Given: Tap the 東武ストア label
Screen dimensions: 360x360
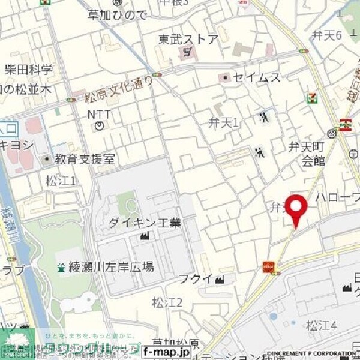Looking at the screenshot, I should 188,40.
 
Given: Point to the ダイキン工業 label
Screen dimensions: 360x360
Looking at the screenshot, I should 145,223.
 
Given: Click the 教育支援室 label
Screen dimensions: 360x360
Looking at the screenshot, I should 84,160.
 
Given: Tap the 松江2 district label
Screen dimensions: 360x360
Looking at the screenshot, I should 167,302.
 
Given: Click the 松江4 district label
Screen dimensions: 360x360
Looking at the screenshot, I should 321,326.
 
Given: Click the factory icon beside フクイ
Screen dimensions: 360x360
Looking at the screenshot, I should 219,279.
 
